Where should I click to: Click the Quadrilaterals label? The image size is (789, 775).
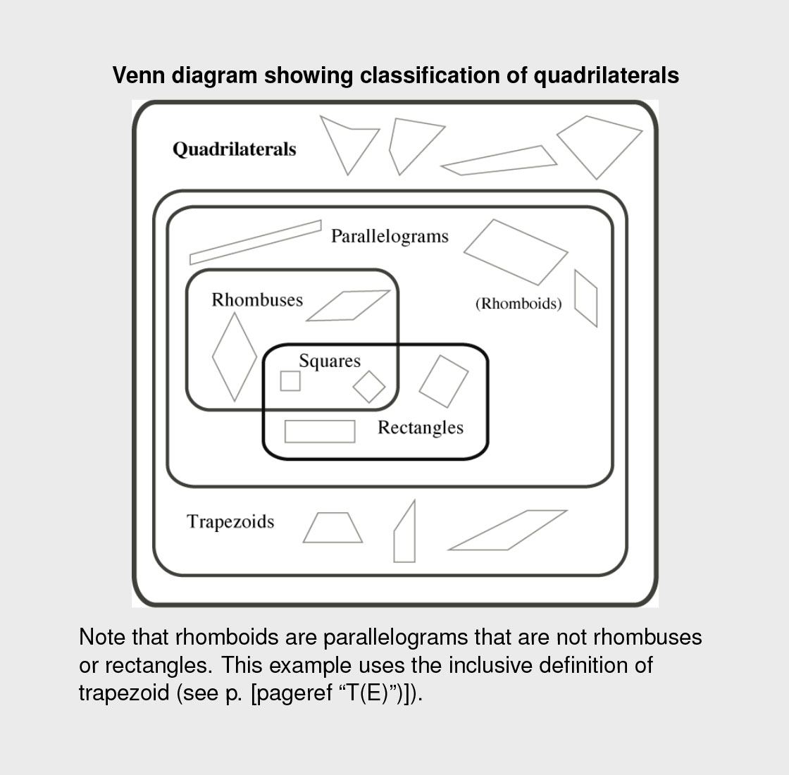pos(234,149)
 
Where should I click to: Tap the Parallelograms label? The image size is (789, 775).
pos(390,236)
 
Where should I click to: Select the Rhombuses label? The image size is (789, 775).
pos(257,300)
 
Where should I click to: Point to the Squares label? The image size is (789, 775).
pos(330,361)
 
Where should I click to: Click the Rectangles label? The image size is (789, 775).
pos(421,428)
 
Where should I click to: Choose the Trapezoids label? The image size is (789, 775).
pos(230,522)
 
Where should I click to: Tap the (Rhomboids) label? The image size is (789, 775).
pos(518,304)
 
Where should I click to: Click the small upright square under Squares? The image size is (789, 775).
pos(290,381)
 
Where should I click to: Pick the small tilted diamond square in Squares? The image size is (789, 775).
pos(369,386)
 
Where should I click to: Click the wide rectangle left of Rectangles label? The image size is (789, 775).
pos(320,431)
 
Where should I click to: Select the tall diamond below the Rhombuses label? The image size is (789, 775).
pos(235,356)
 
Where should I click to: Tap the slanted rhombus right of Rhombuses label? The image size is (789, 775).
pos(348,306)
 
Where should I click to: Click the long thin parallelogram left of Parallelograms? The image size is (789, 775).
pos(255,242)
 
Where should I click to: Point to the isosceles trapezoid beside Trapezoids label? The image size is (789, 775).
pos(333,528)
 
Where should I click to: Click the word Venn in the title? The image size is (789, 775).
pos(137,75)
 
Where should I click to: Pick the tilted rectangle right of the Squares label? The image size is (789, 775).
pos(444,381)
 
